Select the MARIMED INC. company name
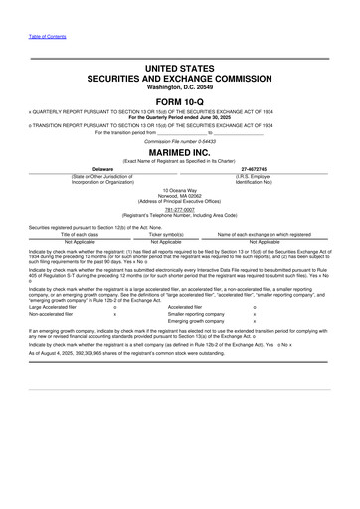point(179,150)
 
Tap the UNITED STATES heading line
point(179,67)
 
